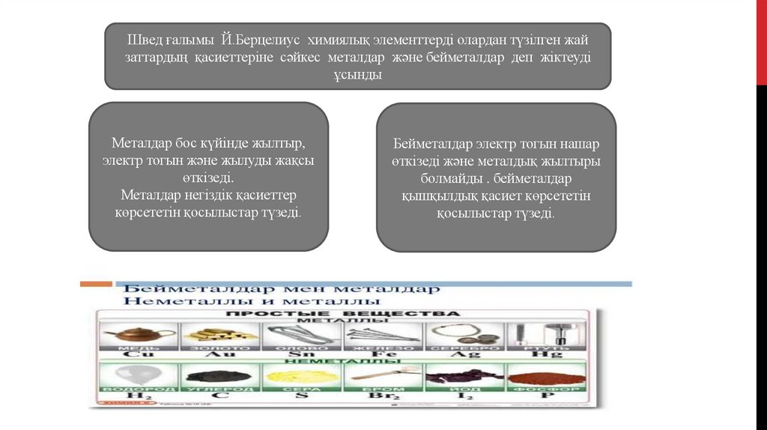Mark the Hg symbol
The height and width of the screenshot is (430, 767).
pyautogui.click(x=545, y=355)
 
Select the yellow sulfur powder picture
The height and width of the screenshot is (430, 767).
pyautogui.click(x=300, y=375)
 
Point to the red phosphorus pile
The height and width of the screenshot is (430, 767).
pyautogui.click(x=545, y=375)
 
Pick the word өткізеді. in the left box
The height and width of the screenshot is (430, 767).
pyautogui.click(x=208, y=179)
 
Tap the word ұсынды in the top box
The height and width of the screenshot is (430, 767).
pyautogui.click(x=357, y=75)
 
